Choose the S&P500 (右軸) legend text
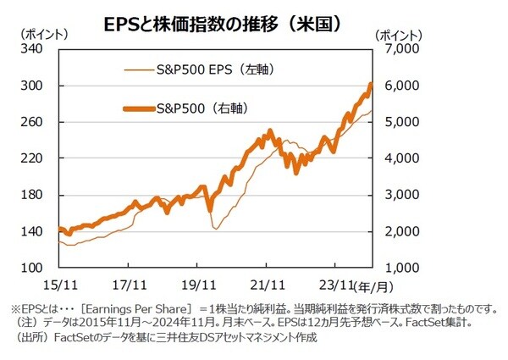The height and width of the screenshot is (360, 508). pos(213,108)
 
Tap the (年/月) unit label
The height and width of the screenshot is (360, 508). pos(374,286)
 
